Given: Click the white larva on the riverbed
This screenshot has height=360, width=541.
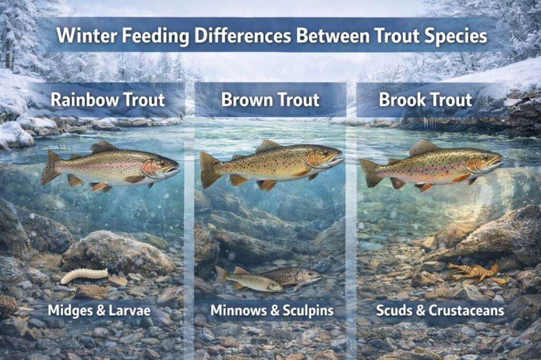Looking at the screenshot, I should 83,275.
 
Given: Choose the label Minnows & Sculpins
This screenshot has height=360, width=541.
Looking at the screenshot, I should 272,310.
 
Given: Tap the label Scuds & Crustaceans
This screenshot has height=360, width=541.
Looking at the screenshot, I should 440,310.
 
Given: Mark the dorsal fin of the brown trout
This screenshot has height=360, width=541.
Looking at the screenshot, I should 268,146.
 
